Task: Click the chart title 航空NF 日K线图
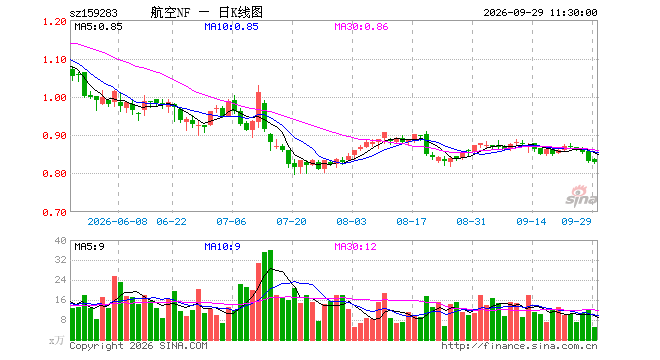point(207,13)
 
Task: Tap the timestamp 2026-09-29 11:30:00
point(540,13)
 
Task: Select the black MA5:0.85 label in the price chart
point(98,27)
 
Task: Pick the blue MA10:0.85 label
point(231,27)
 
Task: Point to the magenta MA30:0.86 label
point(361,27)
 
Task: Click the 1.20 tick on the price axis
point(55,22)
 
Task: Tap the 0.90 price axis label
point(55,136)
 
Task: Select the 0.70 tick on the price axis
point(55,213)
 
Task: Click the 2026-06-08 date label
point(117,222)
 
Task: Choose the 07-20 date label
point(291,222)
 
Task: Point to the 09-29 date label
point(576,222)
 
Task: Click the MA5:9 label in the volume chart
point(90,247)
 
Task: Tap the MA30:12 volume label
point(355,247)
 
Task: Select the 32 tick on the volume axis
point(61,260)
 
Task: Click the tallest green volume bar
point(270,295)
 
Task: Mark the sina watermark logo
point(581,197)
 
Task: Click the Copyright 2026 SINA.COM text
point(138,346)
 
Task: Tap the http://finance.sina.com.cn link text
point(519,346)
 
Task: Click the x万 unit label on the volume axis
point(57,340)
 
